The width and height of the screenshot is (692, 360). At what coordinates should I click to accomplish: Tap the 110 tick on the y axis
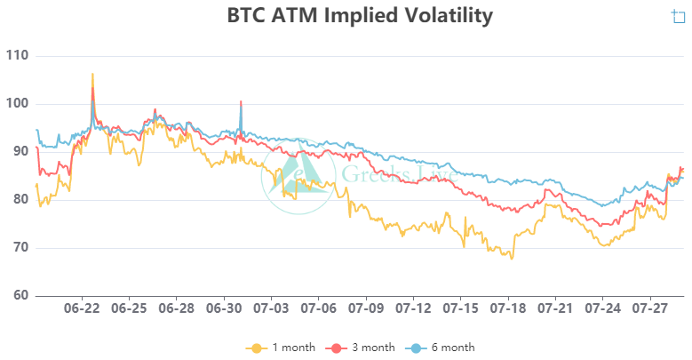pos(17,56)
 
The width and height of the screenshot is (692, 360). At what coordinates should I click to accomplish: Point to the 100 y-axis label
pos(17,104)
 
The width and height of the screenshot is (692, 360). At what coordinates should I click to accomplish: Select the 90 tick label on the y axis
pos(20,152)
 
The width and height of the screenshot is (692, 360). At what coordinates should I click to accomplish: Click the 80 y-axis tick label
pos(20,200)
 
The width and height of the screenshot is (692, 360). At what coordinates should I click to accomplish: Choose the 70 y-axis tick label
pos(20,248)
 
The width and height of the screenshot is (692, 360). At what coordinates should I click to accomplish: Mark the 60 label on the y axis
pos(20,296)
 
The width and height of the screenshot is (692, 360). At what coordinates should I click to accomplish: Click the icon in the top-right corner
pos(679,16)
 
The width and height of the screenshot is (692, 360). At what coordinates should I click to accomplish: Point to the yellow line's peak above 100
pos(92,75)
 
